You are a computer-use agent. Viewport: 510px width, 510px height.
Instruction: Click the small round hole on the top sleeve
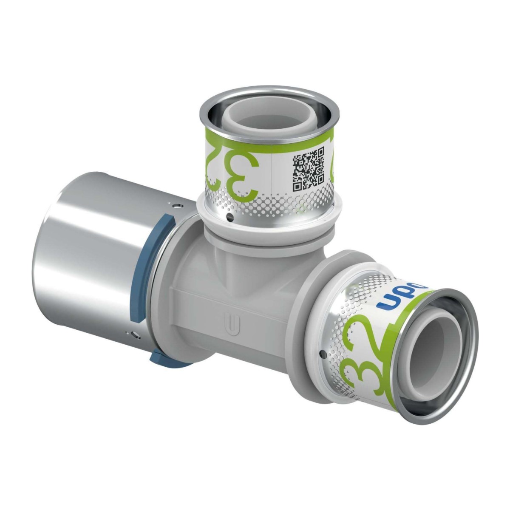[x=229, y=218]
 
